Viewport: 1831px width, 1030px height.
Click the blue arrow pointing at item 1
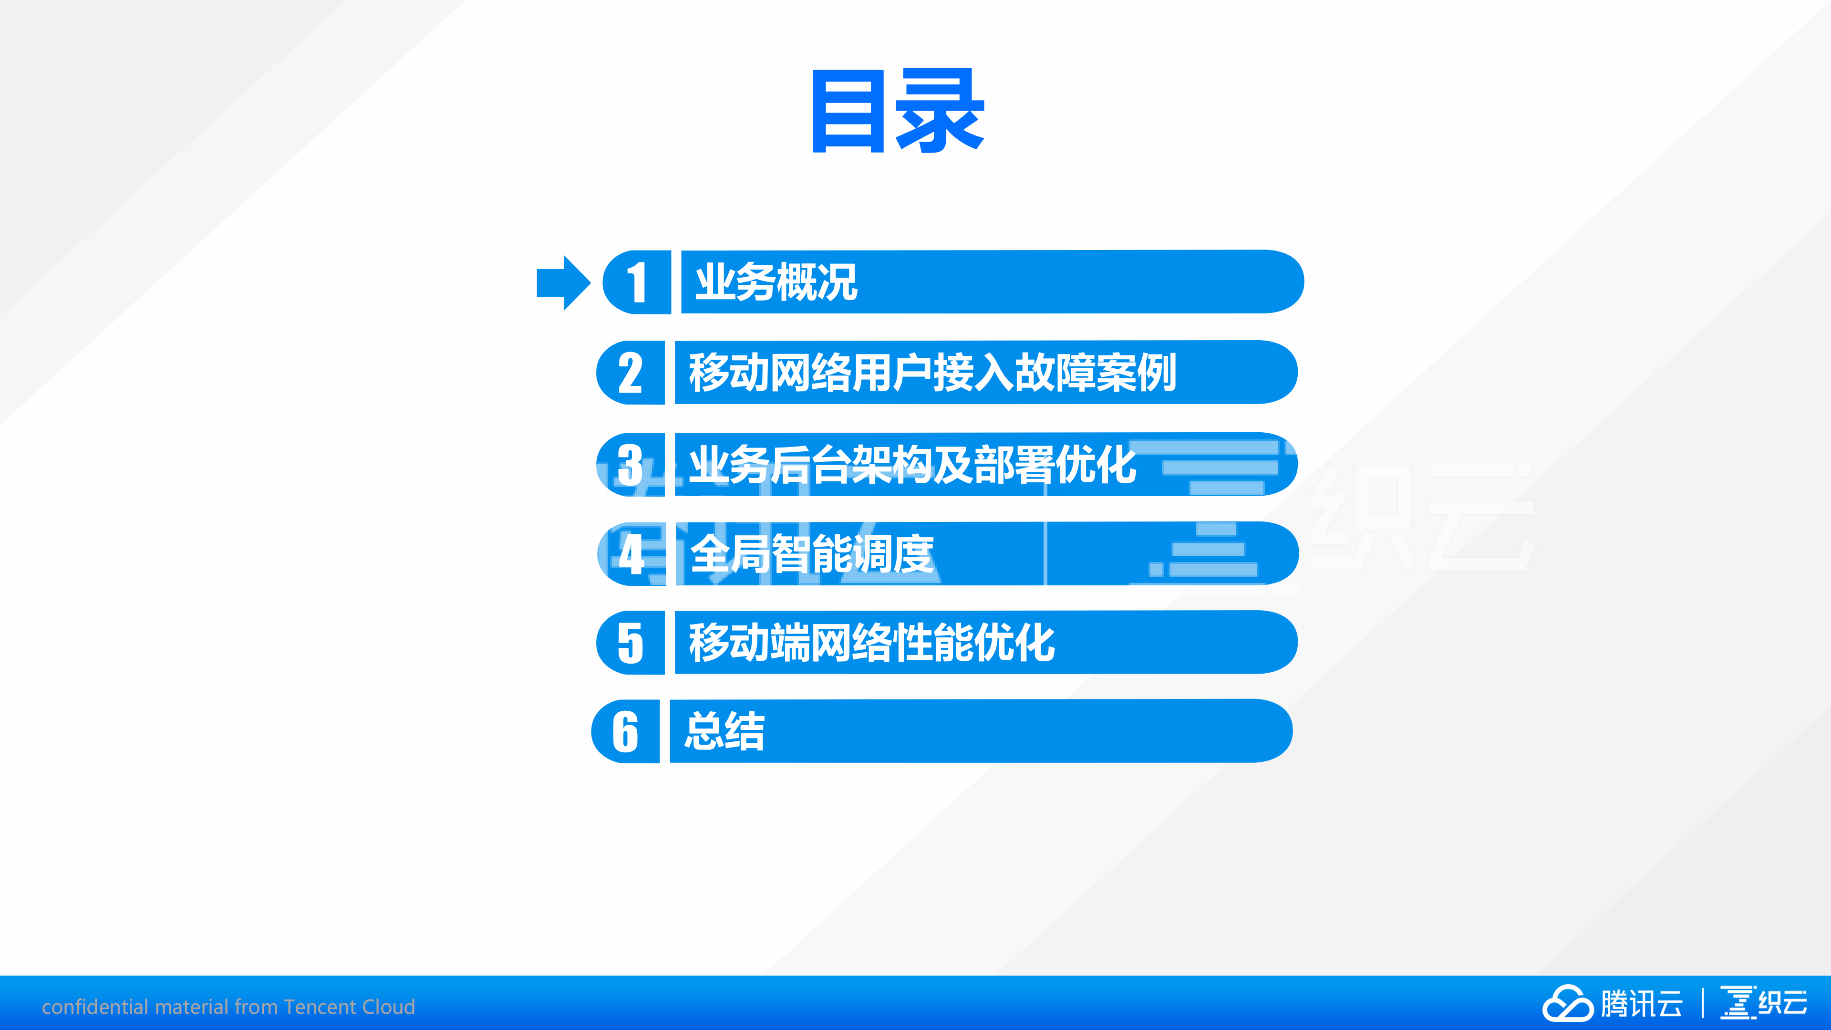coord(562,282)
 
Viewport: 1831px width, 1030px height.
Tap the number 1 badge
coord(637,282)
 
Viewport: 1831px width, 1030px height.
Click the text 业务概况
coord(776,282)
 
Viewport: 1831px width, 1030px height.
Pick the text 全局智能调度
coord(812,554)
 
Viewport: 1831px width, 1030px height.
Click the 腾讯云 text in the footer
coord(1642,1004)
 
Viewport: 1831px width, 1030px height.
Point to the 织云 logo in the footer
coord(1763,1003)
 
